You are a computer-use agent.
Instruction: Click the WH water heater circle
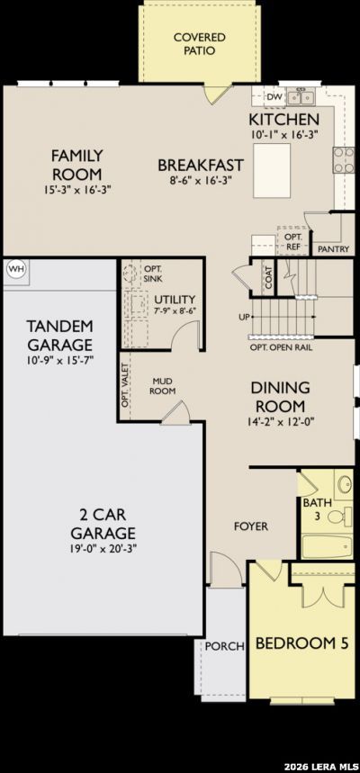coord(16,270)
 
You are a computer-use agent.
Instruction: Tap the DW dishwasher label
coord(274,96)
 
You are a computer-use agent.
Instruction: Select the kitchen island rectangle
coord(272,171)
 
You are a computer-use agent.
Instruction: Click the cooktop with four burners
coord(344,160)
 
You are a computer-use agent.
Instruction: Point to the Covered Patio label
coord(200,44)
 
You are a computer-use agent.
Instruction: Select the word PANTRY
coord(334,249)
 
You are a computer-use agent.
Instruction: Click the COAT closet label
coord(269,276)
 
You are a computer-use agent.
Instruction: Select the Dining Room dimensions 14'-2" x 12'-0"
coord(280,421)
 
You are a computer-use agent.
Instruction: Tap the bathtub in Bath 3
coord(328,545)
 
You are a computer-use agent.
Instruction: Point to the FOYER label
coord(251,526)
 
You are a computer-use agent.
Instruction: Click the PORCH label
coord(225,646)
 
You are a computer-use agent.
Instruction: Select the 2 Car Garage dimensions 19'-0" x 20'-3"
coord(103,549)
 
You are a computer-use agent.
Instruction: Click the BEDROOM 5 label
coord(301,643)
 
